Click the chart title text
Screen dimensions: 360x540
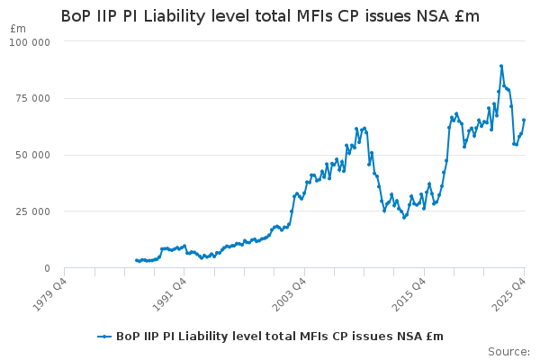click(270, 16)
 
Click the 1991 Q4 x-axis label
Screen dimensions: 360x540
click(170, 291)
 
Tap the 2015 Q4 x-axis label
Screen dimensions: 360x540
click(410, 291)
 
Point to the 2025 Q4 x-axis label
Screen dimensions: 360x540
click(510, 291)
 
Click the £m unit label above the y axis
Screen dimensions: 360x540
click(18, 29)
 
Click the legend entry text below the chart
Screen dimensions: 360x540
click(280, 336)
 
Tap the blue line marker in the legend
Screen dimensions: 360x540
click(104, 336)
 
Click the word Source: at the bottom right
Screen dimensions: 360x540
click(508, 351)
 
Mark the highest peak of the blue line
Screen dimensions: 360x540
click(501, 66)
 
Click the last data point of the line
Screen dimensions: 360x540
click(524, 120)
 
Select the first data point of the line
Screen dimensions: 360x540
click(136, 260)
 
